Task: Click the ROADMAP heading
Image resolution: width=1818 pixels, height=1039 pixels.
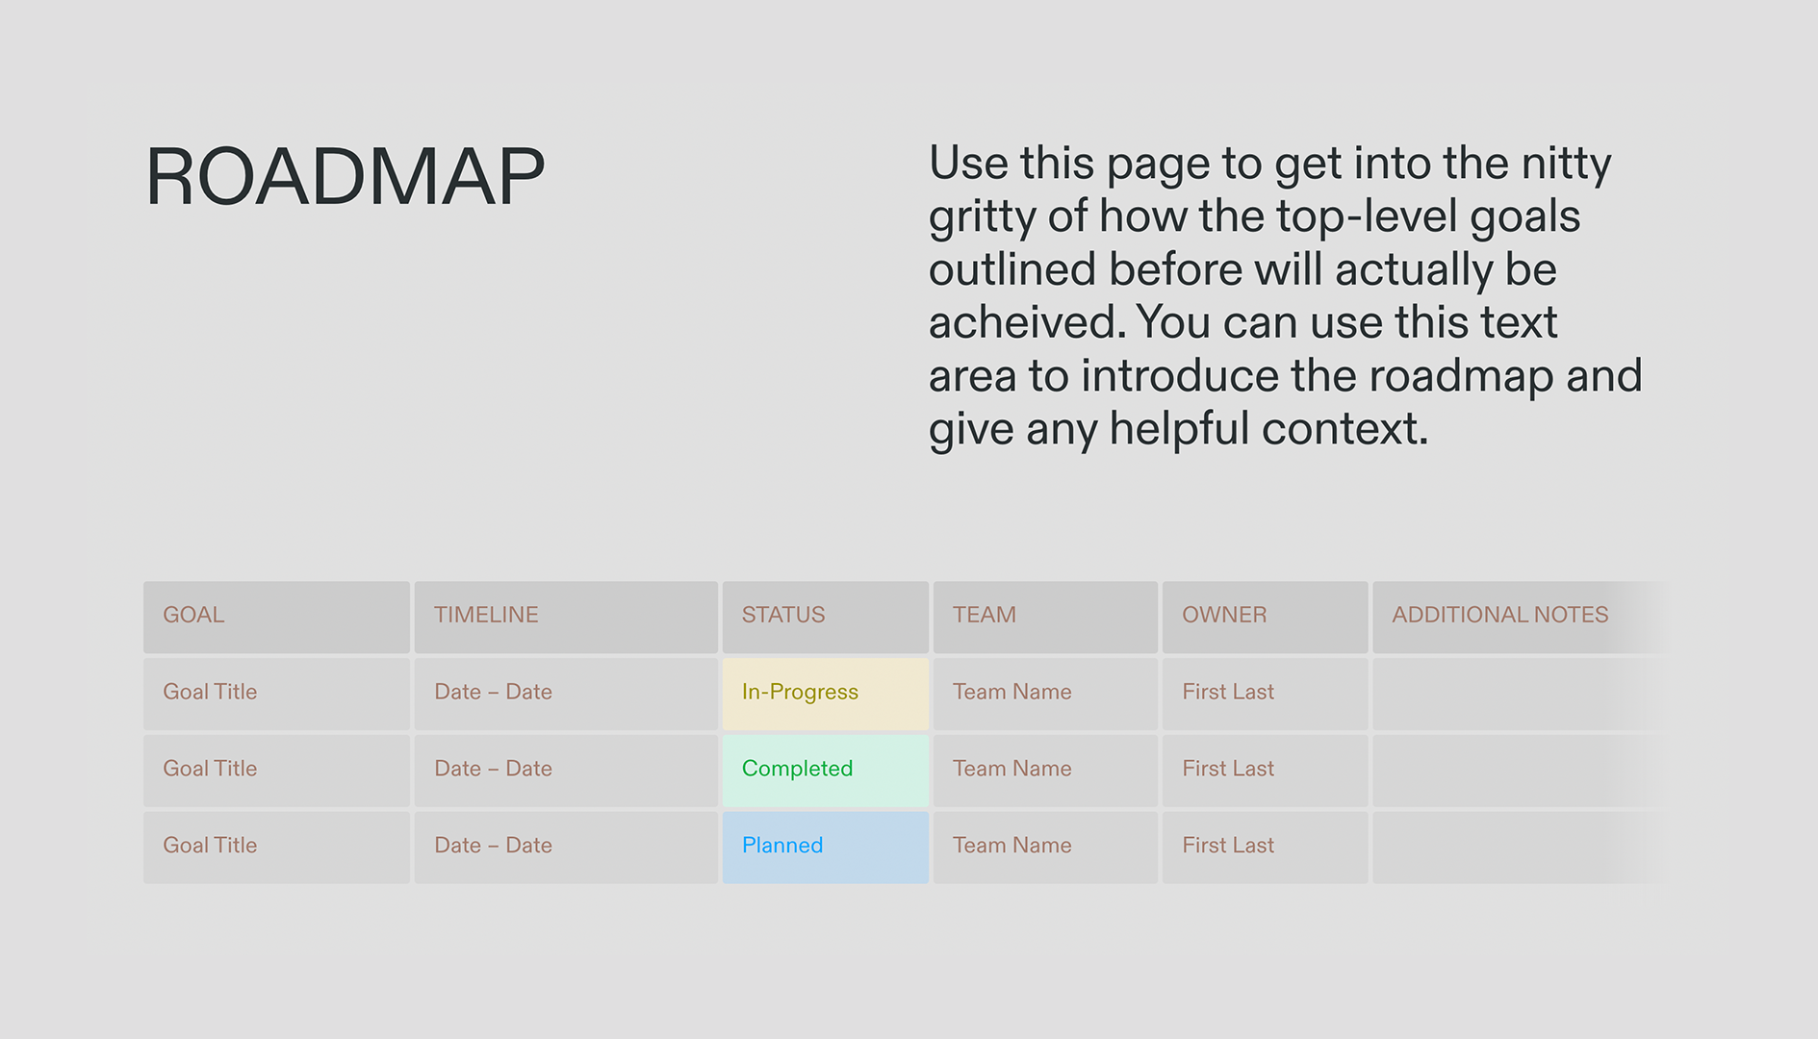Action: point(345,177)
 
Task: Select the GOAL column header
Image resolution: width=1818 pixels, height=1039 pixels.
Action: point(193,616)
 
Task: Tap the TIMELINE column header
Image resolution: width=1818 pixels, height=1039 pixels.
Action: point(486,616)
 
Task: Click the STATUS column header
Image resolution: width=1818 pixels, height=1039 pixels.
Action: point(783,616)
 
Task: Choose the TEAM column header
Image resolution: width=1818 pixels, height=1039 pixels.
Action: point(984,616)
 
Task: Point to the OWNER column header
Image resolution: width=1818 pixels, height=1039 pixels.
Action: point(1224,616)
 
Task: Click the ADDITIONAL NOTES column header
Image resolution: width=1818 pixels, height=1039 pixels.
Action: point(1499,616)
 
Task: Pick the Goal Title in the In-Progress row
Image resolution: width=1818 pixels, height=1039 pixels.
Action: point(210,693)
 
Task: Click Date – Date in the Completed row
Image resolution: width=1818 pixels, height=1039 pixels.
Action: point(493,770)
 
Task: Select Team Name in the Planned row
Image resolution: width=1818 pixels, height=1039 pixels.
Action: point(1011,847)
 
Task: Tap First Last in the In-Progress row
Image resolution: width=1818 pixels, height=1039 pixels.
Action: point(1228,693)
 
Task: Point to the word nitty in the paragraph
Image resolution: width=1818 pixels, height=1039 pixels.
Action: point(1566,164)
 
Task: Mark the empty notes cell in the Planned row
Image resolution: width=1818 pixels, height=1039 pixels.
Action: point(1511,847)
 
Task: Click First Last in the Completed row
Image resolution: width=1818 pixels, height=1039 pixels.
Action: point(1228,770)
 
